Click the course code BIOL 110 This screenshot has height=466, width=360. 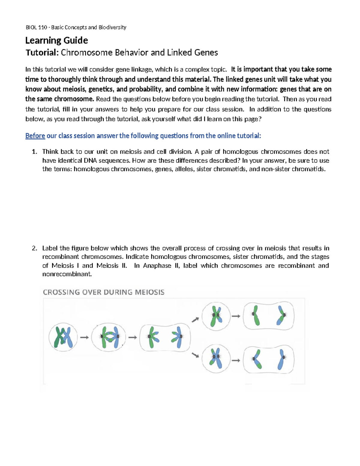[x=36, y=27]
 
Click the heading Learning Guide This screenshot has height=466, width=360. [x=56, y=40]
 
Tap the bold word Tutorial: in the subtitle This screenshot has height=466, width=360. [x=42, y=53]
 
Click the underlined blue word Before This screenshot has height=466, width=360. [x=35, y=136]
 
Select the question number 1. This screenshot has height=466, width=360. [x=34, y=152]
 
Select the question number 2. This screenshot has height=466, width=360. [x=34, y=248]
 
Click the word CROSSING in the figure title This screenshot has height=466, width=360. [x=61, y=292]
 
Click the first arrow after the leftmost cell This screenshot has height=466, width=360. [x=84, y=337]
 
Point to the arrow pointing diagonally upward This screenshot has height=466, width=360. [x=195, y=320]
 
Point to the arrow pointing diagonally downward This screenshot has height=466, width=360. [x=195, y=355]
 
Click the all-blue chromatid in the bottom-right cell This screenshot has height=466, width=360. [x=281, y=359]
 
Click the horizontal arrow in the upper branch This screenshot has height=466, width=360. [x=236, y=316]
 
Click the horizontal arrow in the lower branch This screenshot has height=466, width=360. [x=236, y=360]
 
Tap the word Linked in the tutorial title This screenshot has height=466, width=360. [x=180, y=53]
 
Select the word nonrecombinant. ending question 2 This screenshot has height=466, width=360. [x=67, y=274]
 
